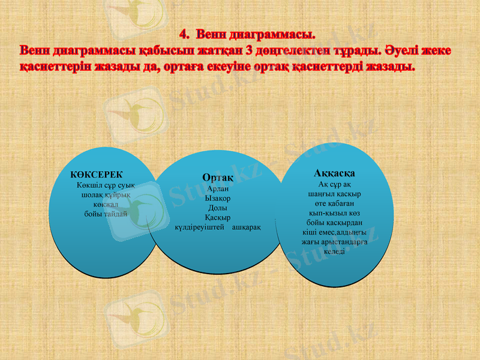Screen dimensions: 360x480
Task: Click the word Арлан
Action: pyautogui.click(x=217, y=188)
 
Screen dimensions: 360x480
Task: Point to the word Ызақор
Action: pyautogui.click(x=217, y=198)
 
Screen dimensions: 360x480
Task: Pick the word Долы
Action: pyautogui.click(x=217, y=208)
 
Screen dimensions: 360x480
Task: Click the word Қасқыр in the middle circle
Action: pyautogui.click(x=217, y=217)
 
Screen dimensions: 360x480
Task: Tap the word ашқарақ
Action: pyautogui.click(x=246, y=227)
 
